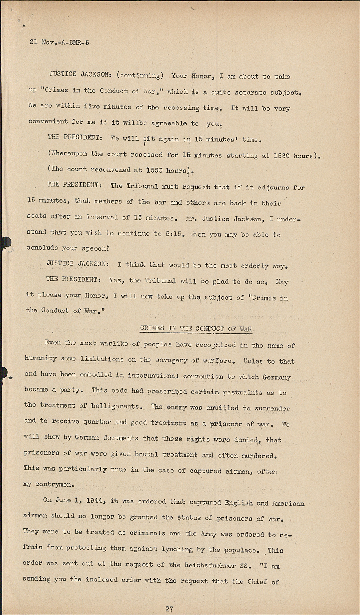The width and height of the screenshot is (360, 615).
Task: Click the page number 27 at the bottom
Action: pyautogui.click(x=169, y=609)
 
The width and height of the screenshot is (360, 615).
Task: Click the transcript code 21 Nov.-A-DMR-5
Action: pyautogui.click(x=59, y=42)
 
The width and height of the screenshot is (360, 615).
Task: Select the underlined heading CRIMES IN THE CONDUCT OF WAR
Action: pyautogui.click(x=196, y=328)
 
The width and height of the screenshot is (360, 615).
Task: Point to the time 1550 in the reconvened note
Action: pyautogui.click(x=154, y=170)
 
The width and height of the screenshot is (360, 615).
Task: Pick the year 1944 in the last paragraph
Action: pyautogui.click(x=97, y=501)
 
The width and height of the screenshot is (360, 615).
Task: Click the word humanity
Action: pyautogui.click(x=41, y=358)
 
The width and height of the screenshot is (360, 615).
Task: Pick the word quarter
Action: pyautogui.click(x=97, y=422)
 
